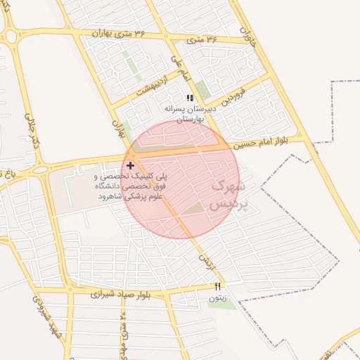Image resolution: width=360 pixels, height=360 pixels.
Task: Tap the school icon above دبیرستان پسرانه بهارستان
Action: tap(189, 98)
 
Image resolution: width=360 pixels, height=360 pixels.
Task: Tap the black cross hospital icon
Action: tap(131, 165)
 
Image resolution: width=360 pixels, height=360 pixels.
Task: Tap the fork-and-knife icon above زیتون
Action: tap(217, 286)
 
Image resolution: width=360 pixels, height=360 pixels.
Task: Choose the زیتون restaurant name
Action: tap(217, 298)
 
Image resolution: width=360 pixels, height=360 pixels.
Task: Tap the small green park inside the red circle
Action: tap(195, 209)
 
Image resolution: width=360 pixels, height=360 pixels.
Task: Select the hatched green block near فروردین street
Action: tap(203, 89)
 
